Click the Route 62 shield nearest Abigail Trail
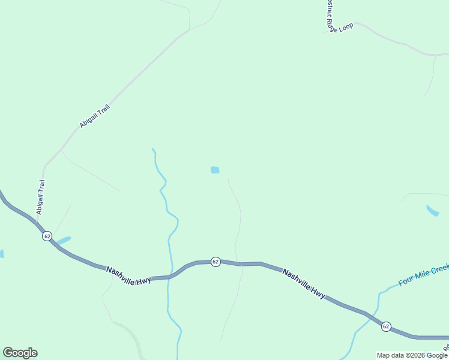(x=47, y=236)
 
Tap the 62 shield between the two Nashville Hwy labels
(x=215, y=262)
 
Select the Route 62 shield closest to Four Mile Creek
(x=385, y=326)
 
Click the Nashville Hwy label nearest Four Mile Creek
(x=304, y=283)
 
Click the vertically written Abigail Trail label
(x=41, y=197)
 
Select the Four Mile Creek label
(x=423, y=274)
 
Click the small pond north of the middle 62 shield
(x=215, y=170)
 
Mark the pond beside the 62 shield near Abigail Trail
(x=63, y=240)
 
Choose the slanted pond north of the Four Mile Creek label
(x=432, y=211)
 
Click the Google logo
(x=20, y=353)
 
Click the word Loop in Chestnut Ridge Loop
(x=345, y=28)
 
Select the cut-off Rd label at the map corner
(x=445, y=347)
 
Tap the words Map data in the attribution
(x=391, y=355)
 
